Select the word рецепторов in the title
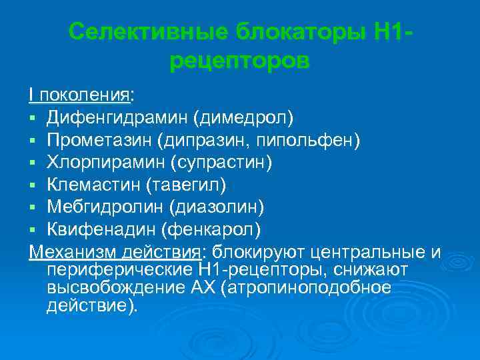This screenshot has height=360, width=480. pyautogui.click(x=240, y=62)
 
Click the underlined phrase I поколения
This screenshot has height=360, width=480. pyautogui.click(x=79, y=95)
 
